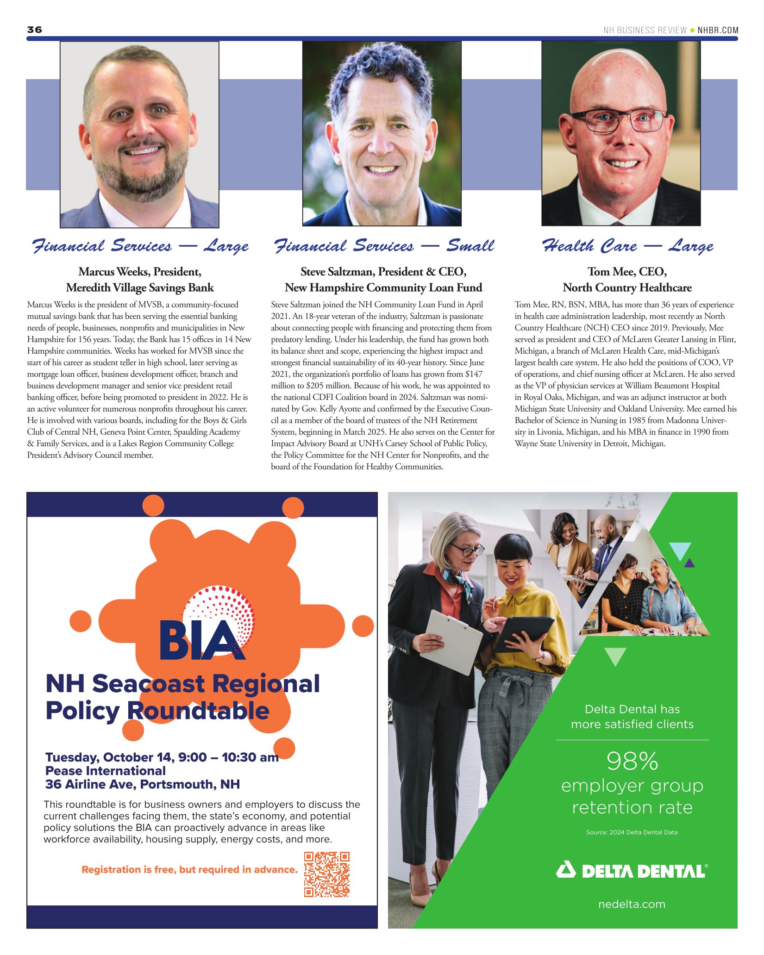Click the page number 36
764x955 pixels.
coord(34,30)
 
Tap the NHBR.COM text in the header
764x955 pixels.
coord(718,31)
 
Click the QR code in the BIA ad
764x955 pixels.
coord(326,874)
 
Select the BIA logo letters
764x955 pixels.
coord(201,640)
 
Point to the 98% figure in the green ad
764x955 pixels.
coord(632,762)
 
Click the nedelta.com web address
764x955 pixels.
coord(632,904)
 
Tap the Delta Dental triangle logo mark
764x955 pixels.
coord(566,870)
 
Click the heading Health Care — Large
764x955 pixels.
coord(627,246)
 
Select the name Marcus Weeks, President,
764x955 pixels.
coord(140,272)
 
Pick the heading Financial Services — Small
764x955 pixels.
coord(384,246)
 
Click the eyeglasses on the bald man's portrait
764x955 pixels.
coord(619,120)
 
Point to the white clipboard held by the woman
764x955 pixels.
coord(451,641)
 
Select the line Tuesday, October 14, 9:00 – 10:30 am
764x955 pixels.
coord(162,757)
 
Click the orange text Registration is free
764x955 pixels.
coord(189,869)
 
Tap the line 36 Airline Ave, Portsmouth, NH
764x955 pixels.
coord(143,784)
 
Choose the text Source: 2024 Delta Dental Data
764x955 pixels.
coord(632,832)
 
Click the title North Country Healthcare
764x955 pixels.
coord(627,288)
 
